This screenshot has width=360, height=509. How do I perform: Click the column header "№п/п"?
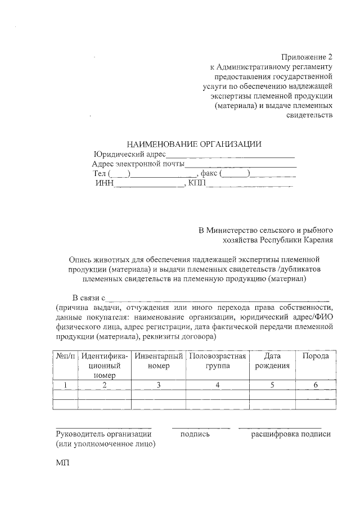(65, 356)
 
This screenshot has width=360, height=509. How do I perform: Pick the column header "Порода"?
(316, 356)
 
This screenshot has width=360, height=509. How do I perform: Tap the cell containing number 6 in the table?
(316, 385)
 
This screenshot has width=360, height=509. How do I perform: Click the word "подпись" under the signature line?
(195, 434)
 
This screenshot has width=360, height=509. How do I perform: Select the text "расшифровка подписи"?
(291, 434)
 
